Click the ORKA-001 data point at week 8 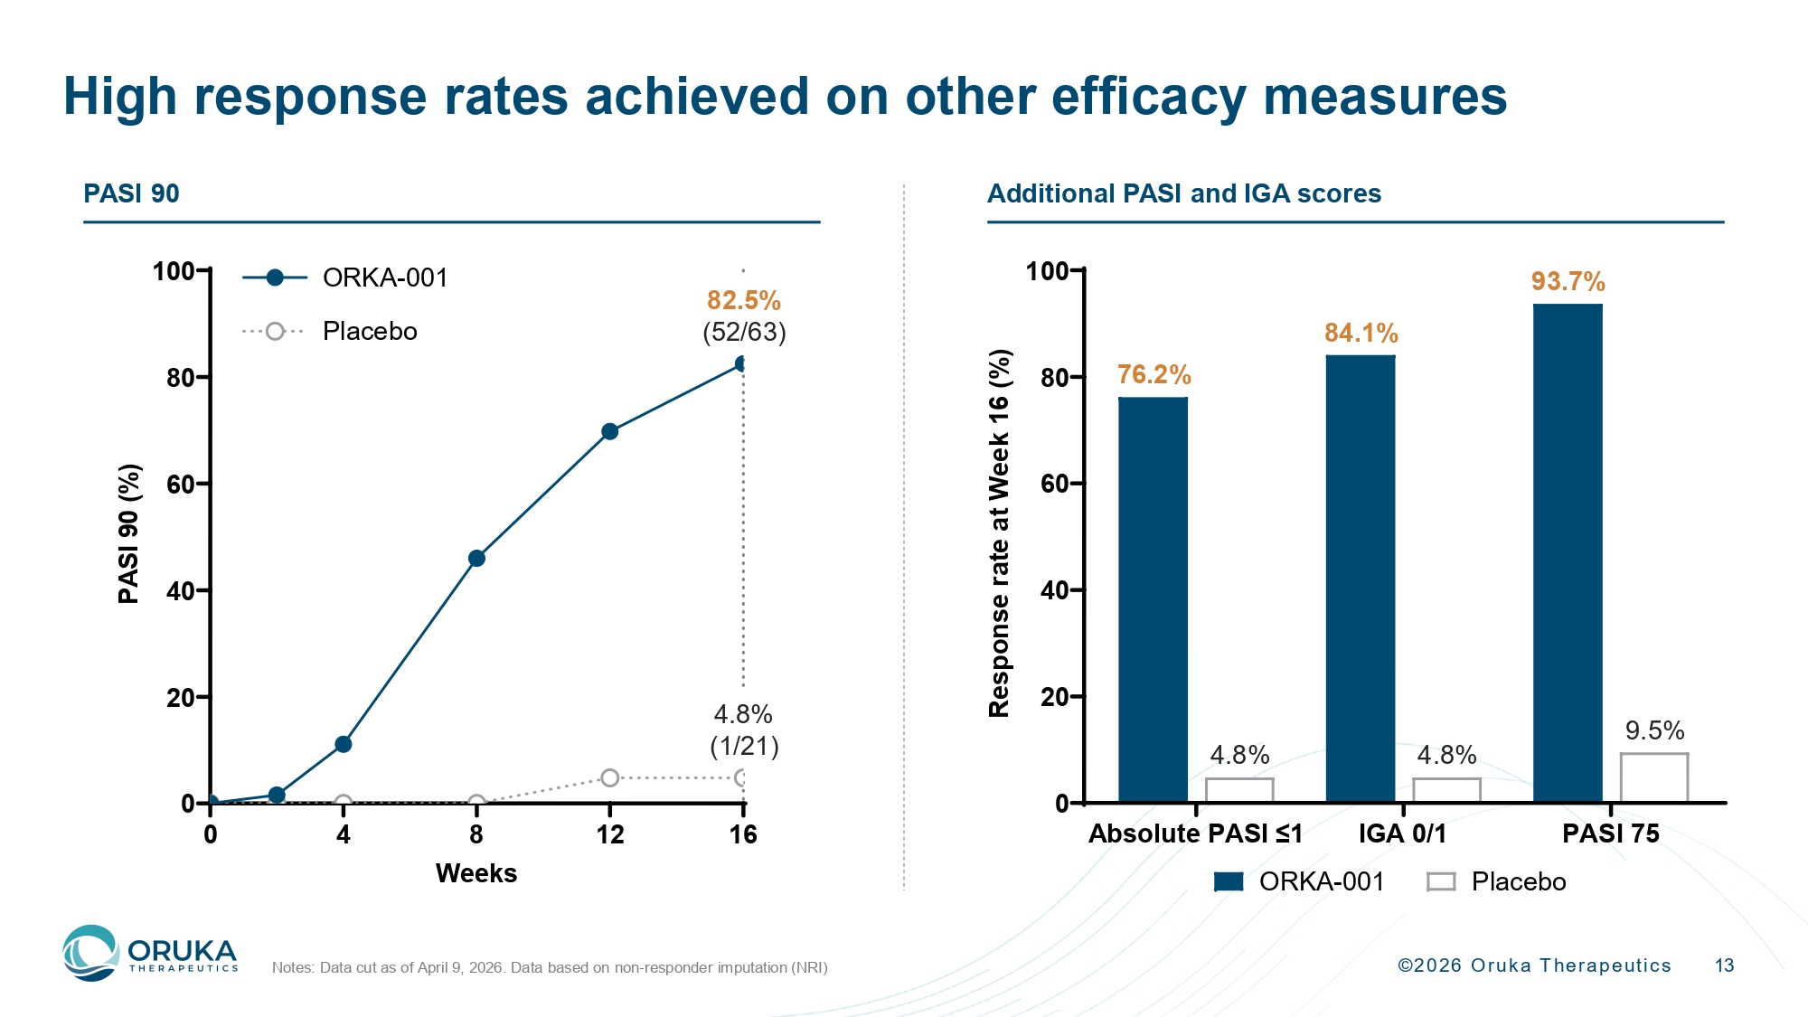(476, 559)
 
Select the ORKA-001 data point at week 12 (610, 431)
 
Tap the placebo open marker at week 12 (610, 777)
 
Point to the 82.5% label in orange (743, 300)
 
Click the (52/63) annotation (744, 332)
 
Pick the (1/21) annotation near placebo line (744, 746)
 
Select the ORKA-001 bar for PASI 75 (1568, 553)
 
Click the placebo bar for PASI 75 (1654, 777)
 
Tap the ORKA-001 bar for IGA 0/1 (1360, 579)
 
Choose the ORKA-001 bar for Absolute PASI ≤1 (1153, 599)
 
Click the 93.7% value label (1568, 281)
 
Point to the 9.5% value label (1654, 730)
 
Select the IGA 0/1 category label (1402, 833)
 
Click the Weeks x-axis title (476, 873)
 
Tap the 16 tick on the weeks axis (743, 834)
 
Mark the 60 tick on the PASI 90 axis (181, 485)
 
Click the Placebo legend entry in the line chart (369, 331)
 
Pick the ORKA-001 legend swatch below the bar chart (1229, 881)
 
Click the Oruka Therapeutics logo (150, 954)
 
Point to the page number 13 (1724, 965)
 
